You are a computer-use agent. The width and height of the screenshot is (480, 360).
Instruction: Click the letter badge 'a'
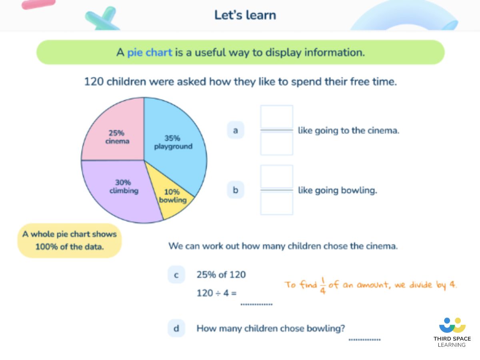(x=236, y=130)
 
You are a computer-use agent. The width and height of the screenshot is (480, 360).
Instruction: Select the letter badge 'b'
(x=236, y=190)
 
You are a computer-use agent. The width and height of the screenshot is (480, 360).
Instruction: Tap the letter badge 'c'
(x=176, y=275)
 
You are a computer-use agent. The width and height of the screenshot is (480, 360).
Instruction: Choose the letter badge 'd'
(x=176, y=329)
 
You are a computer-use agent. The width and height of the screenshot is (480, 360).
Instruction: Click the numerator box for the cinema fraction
(x=277, y=117)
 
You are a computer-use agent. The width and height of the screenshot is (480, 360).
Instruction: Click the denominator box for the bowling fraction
(x=277, y=204)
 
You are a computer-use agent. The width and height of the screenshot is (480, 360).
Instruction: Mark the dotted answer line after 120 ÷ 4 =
(x=256, y=304)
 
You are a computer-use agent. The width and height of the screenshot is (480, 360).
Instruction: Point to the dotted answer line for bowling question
(x=364, y=339)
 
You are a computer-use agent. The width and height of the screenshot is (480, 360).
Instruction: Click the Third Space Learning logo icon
(x=452, y=325)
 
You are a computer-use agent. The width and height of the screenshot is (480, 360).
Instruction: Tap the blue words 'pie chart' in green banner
(x=150, y=52)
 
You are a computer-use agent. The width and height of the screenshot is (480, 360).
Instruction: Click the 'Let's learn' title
(x=245, y=15)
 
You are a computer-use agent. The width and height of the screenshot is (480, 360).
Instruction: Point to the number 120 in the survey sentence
(x=94, y=82)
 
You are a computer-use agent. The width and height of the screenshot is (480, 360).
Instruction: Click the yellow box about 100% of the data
(x=70, y=240)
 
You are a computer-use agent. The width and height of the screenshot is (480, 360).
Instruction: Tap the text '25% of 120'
(x=221, y=275)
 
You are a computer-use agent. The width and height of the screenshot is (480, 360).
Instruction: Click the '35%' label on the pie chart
(x=172, y=138)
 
